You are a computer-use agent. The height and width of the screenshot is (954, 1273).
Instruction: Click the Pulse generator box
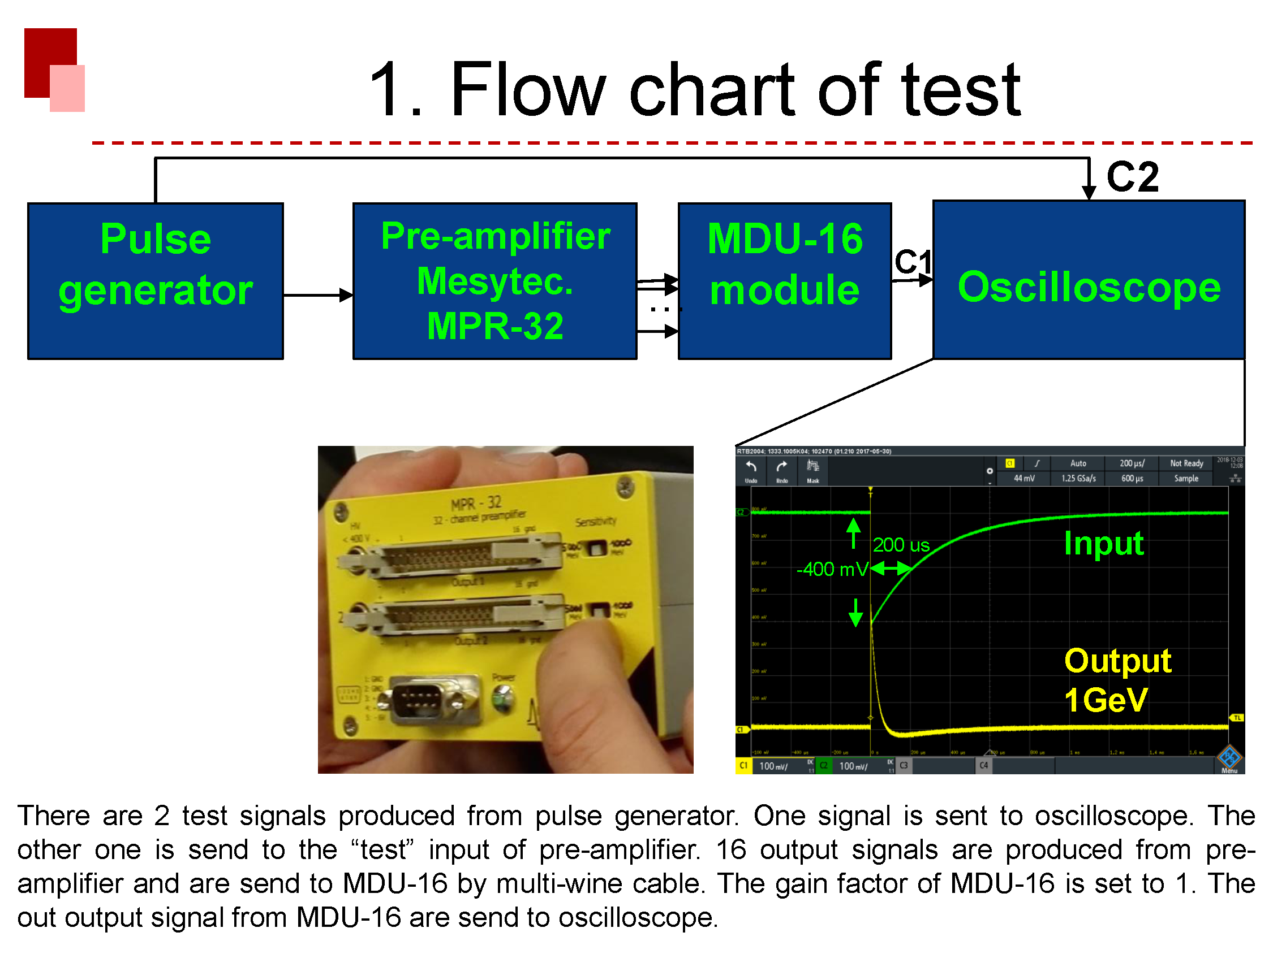(156, 281)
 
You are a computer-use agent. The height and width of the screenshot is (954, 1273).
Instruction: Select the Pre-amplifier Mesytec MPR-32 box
(495, 281)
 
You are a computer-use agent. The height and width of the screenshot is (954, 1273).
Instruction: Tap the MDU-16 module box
(784, 281)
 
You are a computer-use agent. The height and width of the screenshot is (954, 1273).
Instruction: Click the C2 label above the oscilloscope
(1132, 177)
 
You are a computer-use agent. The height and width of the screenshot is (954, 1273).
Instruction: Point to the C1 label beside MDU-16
(912, 262)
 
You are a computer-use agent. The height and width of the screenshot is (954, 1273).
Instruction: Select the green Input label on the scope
(1103, 544)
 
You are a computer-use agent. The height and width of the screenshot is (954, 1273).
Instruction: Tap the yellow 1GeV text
(1106, 700)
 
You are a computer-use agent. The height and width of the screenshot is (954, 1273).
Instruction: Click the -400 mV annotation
(832, 569)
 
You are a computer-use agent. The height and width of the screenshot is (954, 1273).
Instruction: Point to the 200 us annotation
(901, 545)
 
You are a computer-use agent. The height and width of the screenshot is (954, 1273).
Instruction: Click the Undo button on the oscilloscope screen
(751, 470)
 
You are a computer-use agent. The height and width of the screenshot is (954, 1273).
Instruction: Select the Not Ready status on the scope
(1186, 463)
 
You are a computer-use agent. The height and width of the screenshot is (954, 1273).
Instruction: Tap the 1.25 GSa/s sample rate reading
(1078, 479)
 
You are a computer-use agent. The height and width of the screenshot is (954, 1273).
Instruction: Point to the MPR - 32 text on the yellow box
(476, 504)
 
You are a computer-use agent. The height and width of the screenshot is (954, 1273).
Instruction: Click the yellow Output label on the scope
(1117, 661)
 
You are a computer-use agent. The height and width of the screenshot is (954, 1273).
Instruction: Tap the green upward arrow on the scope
(853, 532)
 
